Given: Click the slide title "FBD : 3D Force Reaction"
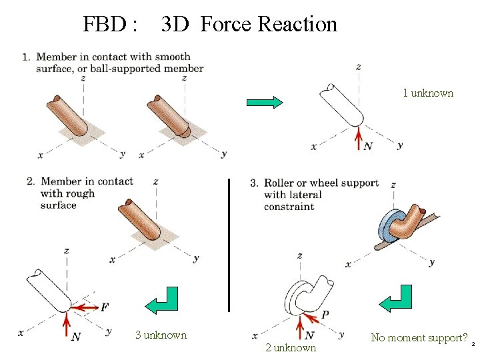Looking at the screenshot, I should coord(210,25).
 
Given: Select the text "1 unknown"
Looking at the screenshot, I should coord(427,93).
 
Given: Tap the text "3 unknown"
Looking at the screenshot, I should coord(161,335).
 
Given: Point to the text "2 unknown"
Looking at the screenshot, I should coord(290,347).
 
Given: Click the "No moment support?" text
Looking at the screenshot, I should coord(419,337).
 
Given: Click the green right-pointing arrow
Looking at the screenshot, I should coord(265,102).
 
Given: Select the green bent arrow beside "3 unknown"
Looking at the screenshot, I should coord(162,301).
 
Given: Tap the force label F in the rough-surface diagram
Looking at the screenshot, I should coord(105,307).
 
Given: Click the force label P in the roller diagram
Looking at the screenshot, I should coord(325,314).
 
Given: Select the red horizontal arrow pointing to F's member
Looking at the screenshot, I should coord(87,307).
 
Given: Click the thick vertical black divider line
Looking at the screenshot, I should coord(229,245).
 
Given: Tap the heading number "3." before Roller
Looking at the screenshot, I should coord(254,183).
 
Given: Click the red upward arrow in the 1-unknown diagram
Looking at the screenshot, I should coord(358,138).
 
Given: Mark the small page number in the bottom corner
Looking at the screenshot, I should coord(473,345).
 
